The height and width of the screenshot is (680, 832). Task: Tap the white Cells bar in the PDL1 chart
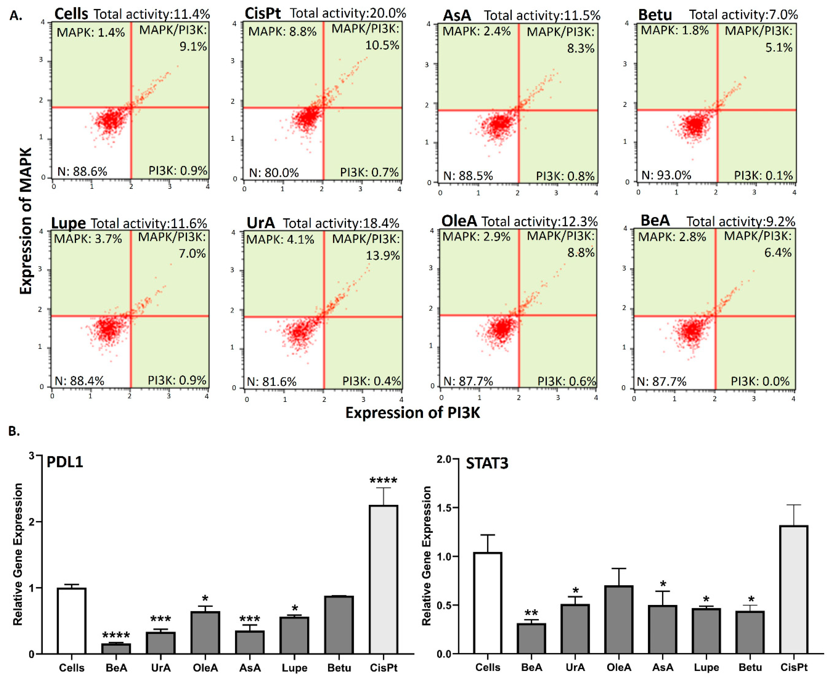pyautogui.click(x=72, y=621)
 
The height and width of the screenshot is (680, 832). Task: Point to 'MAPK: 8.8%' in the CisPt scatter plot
pyautogui.click(x=282, y=31)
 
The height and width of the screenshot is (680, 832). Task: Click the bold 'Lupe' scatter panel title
pyautogui.click(x=68, y=223)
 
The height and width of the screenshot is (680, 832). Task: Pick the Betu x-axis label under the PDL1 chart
pyautogui.click(x=339, y=668)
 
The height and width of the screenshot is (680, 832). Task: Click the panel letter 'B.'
pyautogui.click(x=14, y=431)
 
